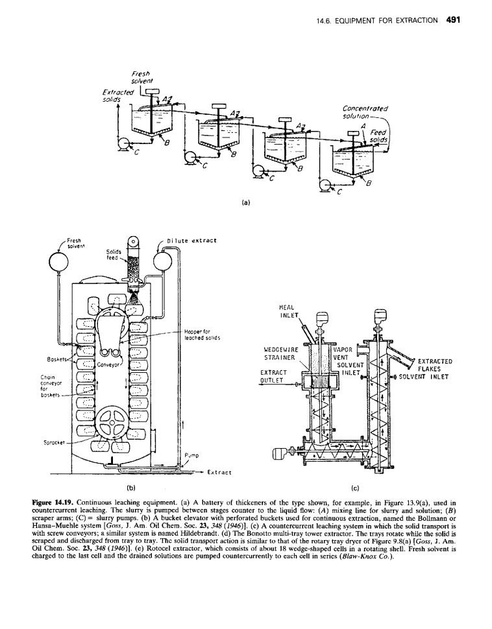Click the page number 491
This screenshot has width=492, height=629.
(452, 19)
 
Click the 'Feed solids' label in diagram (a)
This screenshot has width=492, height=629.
(377, 136)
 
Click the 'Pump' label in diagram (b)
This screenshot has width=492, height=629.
(192, 455)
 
